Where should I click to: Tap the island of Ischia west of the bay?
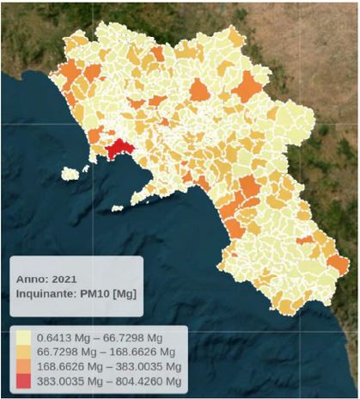tap(71, 174)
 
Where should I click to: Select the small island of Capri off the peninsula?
tap(117, 207)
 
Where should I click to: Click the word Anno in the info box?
tap(31, 279)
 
